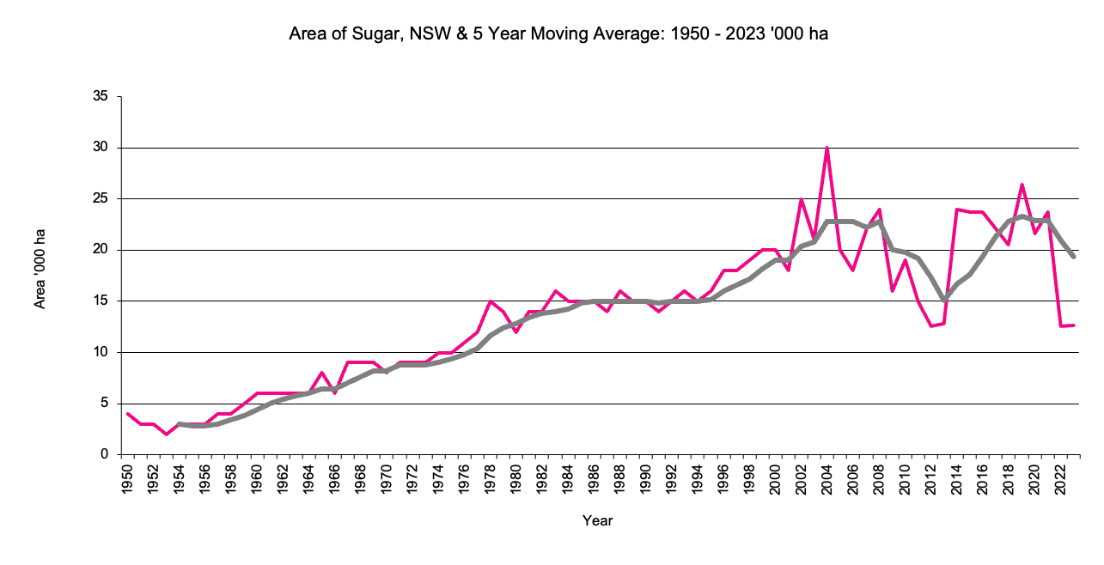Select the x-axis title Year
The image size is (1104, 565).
[597, 520]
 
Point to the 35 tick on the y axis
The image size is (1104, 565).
[101, 97]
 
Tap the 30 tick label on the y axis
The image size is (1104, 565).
[101, 148]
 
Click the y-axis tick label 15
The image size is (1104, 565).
[101, 301]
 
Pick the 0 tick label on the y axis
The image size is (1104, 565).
[104, 454]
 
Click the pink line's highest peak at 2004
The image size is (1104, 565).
[826, 148]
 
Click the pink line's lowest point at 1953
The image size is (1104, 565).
[167, 434]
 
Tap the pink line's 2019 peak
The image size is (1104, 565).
[1021, 185]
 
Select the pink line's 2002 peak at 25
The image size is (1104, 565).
[801, 199]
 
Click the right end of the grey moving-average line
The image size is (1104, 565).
[1072, 256]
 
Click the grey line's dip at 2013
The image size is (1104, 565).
[943, 300]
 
